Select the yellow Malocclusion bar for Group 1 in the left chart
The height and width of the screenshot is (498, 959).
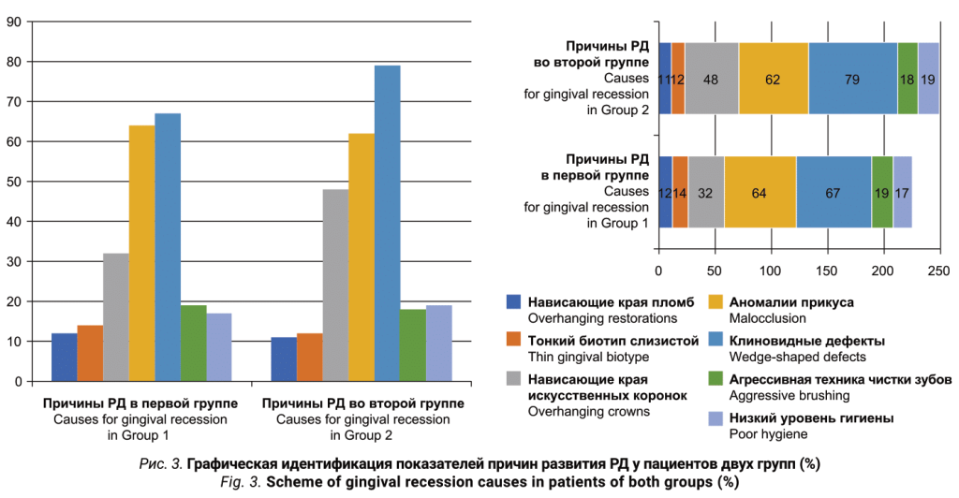click(141, 253)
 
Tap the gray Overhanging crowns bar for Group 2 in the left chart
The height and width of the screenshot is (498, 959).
click(335, 285)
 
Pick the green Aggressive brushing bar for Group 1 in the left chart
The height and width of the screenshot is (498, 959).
click(194, 343)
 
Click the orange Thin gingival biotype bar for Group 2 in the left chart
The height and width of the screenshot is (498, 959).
click(309, 357)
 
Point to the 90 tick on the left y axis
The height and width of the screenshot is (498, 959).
click(15, 22)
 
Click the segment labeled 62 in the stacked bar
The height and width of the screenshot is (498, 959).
click(773, 79)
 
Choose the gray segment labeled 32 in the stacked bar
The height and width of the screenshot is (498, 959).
click(706, 193)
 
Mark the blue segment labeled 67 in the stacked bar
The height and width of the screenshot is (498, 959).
click(834, 193)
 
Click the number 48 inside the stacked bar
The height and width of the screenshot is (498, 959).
click(711, 79)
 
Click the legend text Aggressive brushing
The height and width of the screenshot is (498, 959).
click(784, 395)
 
